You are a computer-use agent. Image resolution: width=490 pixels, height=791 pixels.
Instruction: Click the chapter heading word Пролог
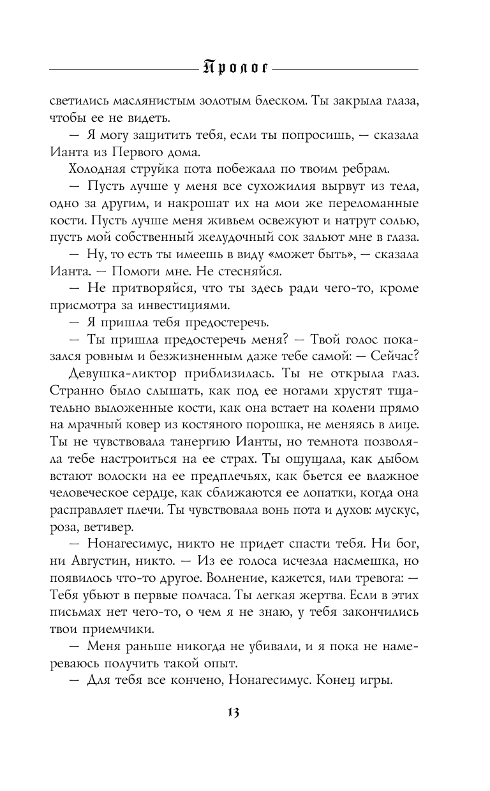coord(234,67)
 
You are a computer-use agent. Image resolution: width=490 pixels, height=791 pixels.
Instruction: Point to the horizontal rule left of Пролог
coord(121,68)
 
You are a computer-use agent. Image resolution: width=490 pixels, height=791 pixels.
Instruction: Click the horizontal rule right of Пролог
coord(348,68)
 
